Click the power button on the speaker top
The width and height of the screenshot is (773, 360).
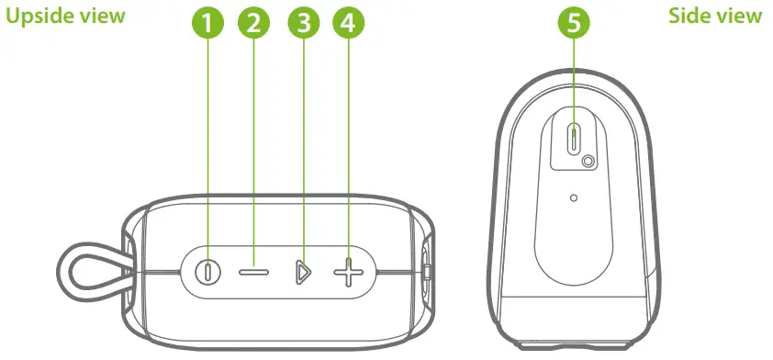(208, 273)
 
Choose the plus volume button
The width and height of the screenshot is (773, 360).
(346, 273)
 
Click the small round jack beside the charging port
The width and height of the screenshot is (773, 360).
(588, 162)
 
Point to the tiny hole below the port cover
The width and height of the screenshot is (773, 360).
(574, 197)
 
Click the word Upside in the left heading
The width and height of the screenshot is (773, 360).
(42, 17)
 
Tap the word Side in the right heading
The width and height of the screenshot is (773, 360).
(689, 17)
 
